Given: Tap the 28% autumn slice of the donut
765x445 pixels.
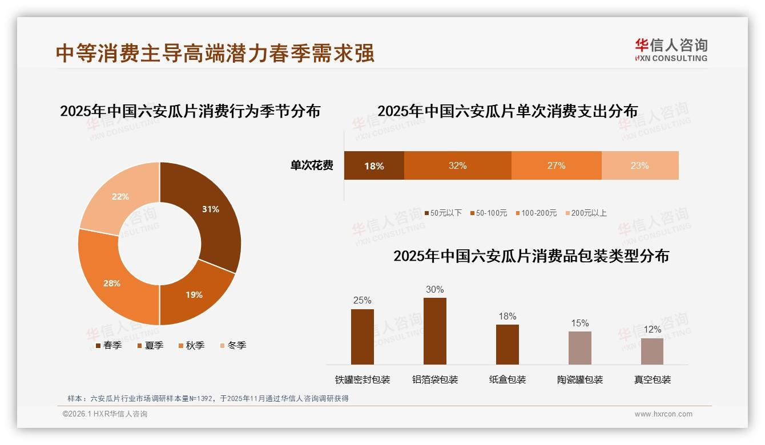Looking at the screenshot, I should pyautogui.click(x=112, y=282).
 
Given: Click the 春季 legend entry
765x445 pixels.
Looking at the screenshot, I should pyautogui.click(x=108, y=345).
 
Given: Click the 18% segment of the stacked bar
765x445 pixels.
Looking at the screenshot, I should pyautogui.click(x=374, y=166).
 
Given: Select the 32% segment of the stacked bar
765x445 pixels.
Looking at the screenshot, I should pyautogui.click(x=457, y=166).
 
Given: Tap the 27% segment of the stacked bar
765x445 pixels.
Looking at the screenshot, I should pyautogui.click(x=556, y=166).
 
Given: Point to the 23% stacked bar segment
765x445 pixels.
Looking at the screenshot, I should pyautogui.click(x=639, y=166).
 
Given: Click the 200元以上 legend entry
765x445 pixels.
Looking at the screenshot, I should pyautogui.click(x=586, y=213).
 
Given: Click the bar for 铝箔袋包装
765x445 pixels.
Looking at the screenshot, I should pyautogui.click(x=434, y=331).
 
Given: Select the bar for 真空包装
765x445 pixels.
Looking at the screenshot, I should pyautogui.click(x=652, y=351).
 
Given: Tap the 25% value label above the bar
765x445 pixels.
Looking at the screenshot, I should pyautogui.click(x=362, y=300).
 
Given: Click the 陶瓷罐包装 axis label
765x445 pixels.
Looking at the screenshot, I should pyautogui.click(x=580, y=379).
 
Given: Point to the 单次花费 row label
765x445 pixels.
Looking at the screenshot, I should pyautogui.click(x=312, y=166).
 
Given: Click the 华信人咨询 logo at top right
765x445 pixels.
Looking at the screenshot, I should pyautogui.click(x=671, y=50).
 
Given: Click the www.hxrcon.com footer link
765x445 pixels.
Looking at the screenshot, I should pyautogui.click(x=663, y=414).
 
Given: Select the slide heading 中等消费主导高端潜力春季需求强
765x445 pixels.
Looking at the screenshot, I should pyautogui.click(x=215, y=53).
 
